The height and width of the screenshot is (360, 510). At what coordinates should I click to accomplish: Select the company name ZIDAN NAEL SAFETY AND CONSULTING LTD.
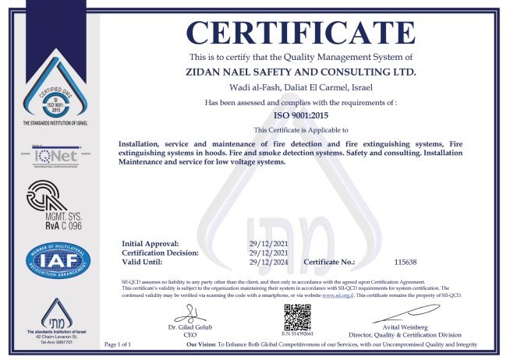pos(301,72)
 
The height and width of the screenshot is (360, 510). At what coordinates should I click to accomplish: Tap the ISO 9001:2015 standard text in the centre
pos(301,115)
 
